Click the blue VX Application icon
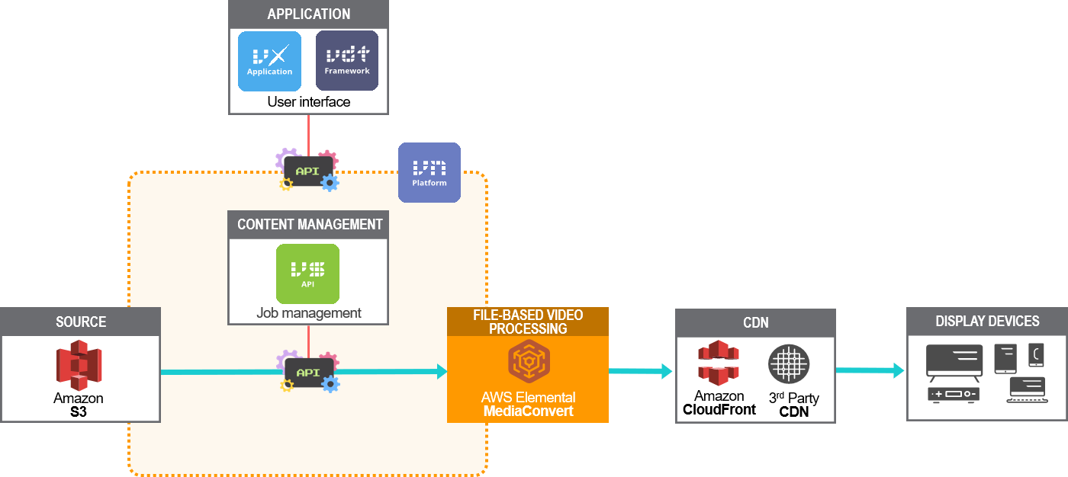pyautogui.click(x=269, y=61)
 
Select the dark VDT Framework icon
pyautogui.click(x=347, y=61)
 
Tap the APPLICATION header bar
pyautogui.click(x=308, y=14)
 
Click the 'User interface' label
pyautogui.click(x=308, y=102)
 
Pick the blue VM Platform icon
pyautogui.click(x=429, y=172)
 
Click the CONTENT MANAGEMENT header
pyautogui.click(x=308, y=225)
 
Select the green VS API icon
pyautogui.click(x=307, y=274)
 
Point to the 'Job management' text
pyautogui.click(x=308, y=313)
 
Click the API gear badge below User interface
pyautogui.click(x=307, y=171)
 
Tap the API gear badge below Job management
pyautogui.click(x=307, y=372)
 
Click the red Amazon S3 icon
pyautogui.click(x=79, y=366)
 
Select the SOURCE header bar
pyautogui.click(x=80, y=322)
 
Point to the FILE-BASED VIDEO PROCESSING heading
pyautogui.click(x=528, y=322)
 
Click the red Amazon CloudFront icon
pyautogui.click(x=719, y=363)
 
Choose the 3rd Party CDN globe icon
pyautogui.click(x=788, y=364)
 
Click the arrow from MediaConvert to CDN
pyautogui.click(x=641, y=371)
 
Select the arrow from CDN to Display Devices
pyautogui.click(x=870, y=371)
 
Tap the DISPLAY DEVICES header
pyautogui.click(x=986, y=321)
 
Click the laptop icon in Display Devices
pyautogui.click(x=1026, y=389)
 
